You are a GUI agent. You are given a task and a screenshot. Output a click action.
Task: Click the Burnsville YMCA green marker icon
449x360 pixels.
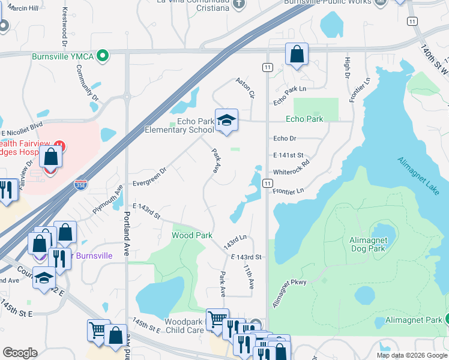coord(103,56)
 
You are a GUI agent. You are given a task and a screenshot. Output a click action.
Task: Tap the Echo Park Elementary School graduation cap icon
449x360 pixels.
coord(226,119)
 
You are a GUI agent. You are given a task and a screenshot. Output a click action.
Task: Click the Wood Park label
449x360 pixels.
coord(192,235)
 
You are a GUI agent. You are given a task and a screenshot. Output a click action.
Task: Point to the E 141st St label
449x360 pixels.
coord(288,155)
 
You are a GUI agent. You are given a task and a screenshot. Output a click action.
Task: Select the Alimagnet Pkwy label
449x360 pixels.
coord(289,292)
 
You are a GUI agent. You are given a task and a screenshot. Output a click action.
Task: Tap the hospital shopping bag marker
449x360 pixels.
coord(52,158)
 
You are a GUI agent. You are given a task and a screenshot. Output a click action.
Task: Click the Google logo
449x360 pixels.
coord(20,352)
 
